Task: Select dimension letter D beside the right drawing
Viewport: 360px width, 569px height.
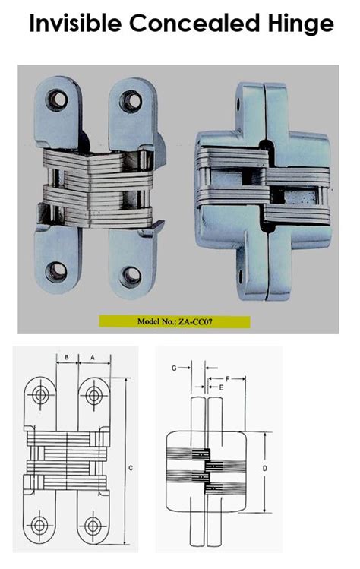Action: [264, 469]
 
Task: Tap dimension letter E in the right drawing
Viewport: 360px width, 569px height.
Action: [221, 387]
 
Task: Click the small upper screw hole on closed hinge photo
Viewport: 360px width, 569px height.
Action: [243, 100]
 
